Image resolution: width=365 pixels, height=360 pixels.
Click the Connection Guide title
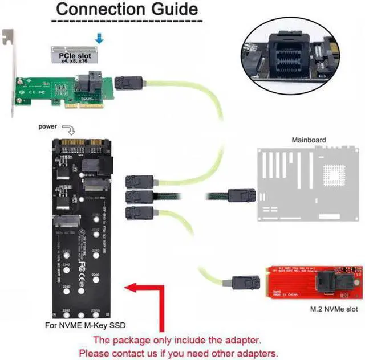coord(127,10)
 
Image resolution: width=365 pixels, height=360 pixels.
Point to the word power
coord(48,126)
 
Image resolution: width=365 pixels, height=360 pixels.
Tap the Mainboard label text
coord(309,140)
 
